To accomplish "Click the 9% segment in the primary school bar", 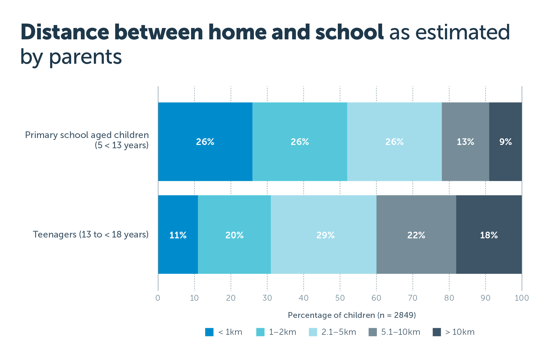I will (505, 142).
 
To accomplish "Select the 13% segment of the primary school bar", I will (465, 142).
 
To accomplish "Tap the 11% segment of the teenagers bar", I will (178, 235).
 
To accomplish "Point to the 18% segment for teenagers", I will (489, 235).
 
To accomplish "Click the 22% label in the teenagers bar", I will (416, 235).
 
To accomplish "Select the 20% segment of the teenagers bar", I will (234, 235).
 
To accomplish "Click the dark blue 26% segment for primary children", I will (205, 142).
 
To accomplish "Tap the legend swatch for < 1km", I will (209, 332).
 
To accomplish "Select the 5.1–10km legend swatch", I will (373, 332).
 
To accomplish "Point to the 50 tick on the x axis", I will (340, 298).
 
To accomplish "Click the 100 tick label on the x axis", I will (522, 298).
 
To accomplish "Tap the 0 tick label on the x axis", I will (158, 298).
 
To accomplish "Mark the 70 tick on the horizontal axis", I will (413, 298).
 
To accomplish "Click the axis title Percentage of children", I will (352, 315).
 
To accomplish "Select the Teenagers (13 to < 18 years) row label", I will (91, 234).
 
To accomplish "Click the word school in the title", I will (349, 32).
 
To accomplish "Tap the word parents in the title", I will (85, 57).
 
